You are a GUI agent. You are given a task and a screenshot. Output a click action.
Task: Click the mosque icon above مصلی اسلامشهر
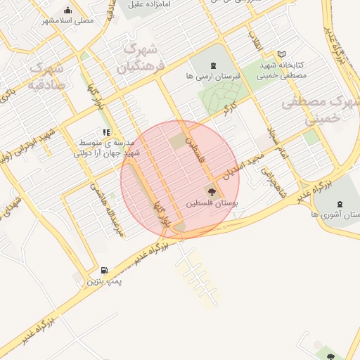point(67,10)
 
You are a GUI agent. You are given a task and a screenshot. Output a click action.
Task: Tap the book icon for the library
point(282,54)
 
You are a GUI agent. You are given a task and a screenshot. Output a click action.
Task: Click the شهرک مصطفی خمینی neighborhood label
point(321,108)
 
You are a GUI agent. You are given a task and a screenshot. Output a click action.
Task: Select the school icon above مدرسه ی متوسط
point(106,131)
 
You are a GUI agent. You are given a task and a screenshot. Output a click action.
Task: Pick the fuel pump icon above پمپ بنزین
point(105,270)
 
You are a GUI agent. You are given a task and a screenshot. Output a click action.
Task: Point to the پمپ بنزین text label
point(105,281)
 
